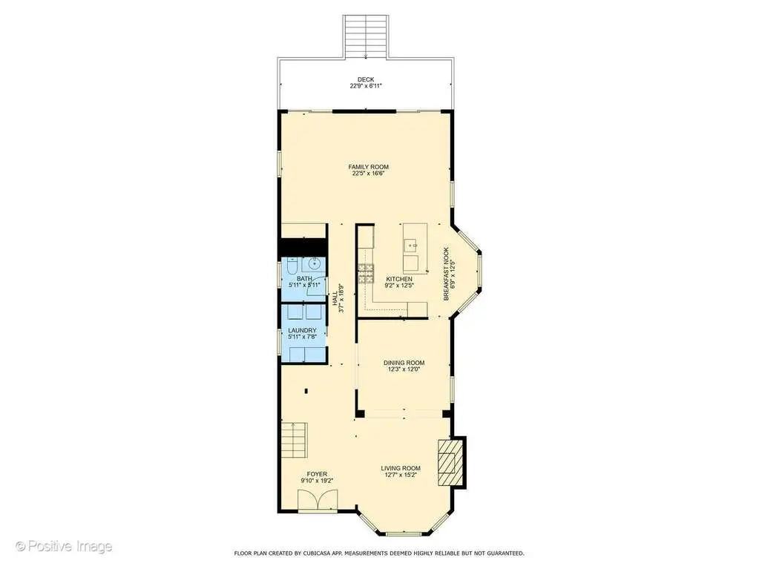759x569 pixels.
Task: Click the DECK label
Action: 366,80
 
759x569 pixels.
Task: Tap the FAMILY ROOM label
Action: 368,167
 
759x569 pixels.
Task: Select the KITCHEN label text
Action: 399,279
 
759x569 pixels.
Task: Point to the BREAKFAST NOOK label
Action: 447,274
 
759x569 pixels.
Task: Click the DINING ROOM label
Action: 404,363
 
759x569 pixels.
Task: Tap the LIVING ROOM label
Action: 401,468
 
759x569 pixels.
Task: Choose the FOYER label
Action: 317,474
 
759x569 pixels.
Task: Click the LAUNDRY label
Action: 303,330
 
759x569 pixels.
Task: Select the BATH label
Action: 304,279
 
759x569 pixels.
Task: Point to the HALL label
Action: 335,298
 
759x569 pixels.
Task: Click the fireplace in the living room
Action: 451,462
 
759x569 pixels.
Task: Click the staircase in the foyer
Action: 295,441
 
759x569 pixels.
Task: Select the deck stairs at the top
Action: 366,36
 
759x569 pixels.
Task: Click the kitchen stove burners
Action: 366,273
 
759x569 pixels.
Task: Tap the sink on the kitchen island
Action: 412,246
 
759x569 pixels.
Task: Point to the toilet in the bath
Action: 292,266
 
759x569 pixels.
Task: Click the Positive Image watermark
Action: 64,546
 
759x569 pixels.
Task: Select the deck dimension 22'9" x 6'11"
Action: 366,86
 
